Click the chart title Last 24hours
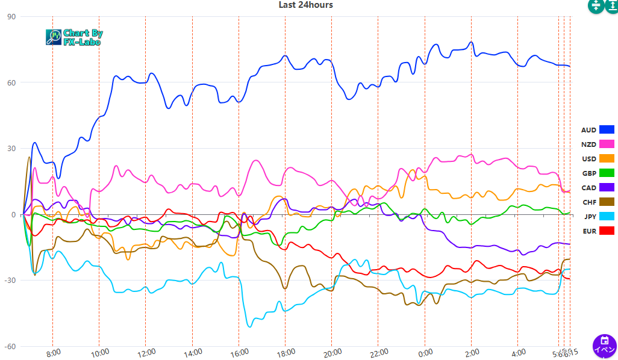[305, 5]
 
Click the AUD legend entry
[588, 130]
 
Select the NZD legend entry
[588, 144]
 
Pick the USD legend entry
[588, 159]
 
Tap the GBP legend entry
[588, 173]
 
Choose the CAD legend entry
[588, 188]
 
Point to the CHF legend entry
[588, 202]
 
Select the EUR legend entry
[588, 231]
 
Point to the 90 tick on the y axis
[11, 17]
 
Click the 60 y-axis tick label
[11, 82]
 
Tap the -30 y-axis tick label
[10, 281]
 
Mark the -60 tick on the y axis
[10, 347]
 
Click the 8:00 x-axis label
[54, 353]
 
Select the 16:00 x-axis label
[239, 353]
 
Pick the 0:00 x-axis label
[425, 353]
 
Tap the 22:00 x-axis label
[379, 353]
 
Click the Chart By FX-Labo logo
[74, 37]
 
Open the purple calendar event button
[605, 346]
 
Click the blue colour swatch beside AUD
[606, 130]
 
